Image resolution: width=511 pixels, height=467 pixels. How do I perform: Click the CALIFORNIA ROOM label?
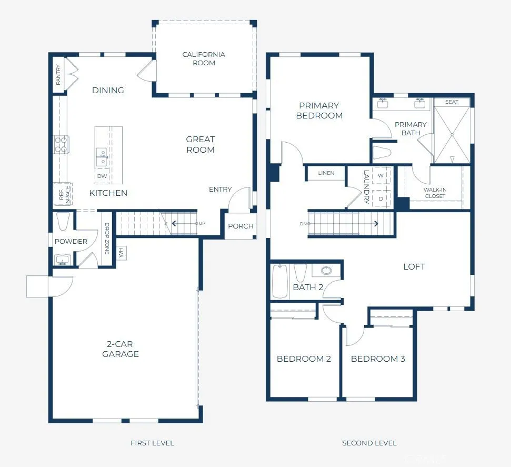[204, 58]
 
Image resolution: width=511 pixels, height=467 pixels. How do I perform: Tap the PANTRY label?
[58, 75]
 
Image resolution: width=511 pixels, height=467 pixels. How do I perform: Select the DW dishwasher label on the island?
[102, 176]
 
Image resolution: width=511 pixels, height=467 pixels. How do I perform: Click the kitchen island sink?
[102, 157]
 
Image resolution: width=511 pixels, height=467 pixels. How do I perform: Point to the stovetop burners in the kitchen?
[61, 145]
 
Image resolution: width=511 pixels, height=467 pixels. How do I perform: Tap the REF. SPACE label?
[65, 195]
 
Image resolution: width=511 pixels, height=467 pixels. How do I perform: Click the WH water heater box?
[121, 253]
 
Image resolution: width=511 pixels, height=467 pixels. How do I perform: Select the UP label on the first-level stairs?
[202, 223]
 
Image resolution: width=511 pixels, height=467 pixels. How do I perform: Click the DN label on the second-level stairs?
[303, 224]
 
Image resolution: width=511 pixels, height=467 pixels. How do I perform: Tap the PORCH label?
[241, 226]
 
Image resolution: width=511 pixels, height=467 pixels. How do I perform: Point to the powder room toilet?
[63, 222]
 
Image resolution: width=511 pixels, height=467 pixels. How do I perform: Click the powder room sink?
[62, 260]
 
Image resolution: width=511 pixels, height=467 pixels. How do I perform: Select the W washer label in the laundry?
[380, 175]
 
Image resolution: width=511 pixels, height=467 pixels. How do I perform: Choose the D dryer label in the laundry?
[380, 198]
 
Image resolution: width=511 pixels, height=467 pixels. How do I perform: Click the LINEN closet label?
[326, 173]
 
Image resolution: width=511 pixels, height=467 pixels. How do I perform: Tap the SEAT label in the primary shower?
[452, 102]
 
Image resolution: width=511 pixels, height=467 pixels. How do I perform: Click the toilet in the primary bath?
[382, 153]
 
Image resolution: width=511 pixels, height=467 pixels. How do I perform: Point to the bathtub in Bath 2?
[280, 281]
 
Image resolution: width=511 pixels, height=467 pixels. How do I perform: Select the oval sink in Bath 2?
[326, 270]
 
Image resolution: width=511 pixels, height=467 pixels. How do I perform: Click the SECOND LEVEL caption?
[369, 443]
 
